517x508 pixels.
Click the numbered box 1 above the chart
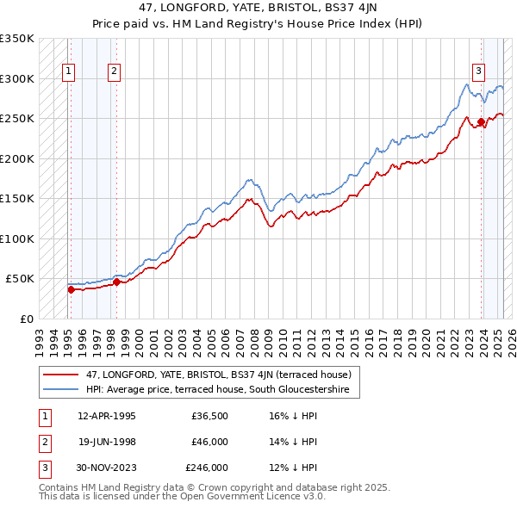click(68, 71)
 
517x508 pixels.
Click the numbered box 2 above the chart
click(114, 71)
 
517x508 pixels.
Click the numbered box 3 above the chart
click(478, 71)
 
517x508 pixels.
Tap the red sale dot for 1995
click(71, 289)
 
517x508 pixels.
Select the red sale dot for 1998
click(116, 282)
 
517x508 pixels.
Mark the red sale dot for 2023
click(481, 121)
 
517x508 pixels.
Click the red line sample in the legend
click(61, 375)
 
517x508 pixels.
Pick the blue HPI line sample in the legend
click(61, 389)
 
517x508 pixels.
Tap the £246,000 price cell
click(206, 468)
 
